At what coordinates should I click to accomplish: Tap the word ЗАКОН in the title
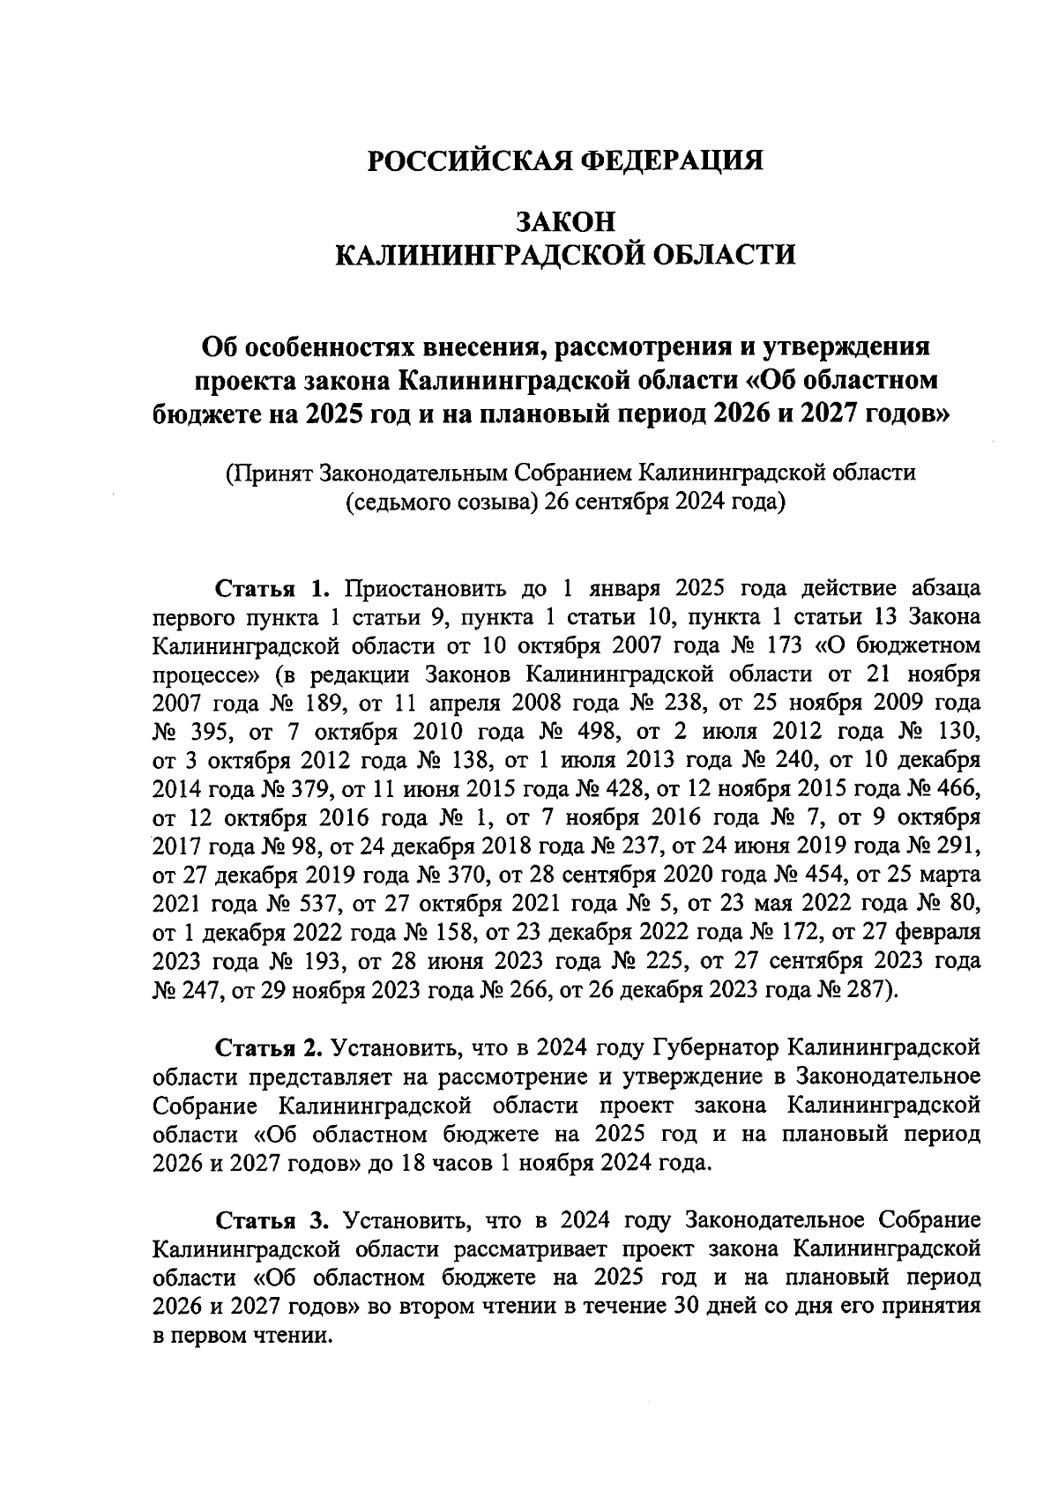click(565, 220)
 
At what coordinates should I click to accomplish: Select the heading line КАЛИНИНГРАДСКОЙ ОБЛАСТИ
click(565, 255)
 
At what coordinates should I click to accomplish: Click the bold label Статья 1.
click(272, 588)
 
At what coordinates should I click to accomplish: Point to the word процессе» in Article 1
click(205, 674)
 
